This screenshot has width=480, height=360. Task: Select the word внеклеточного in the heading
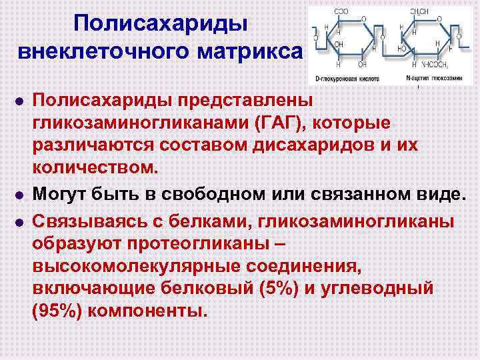106,51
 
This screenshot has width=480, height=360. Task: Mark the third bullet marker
19,221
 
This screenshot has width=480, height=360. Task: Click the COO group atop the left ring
341,11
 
